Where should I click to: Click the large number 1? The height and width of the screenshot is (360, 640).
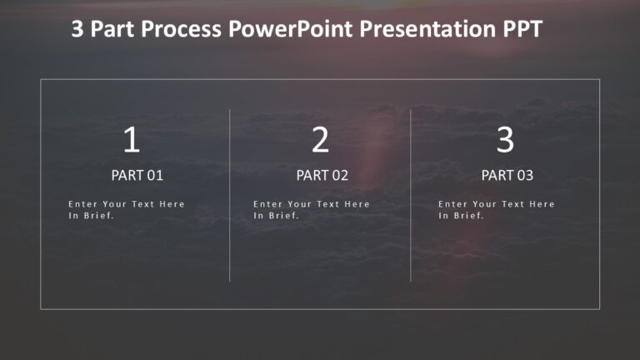click(x=132, y=140)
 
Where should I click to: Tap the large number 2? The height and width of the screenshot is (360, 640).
click(x=320, y=140)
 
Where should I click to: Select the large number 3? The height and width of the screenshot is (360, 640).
click(x=505, y=140)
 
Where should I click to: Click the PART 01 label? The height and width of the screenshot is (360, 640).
click(x=137, y=176)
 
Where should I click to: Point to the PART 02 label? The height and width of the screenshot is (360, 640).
click(x=322, y=176)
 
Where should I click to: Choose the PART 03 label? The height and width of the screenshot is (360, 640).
click(x=507, y=176)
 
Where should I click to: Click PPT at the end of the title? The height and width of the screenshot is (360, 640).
click(x=522, y=30)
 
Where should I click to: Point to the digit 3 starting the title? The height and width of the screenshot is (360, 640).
click(x=77, y=30)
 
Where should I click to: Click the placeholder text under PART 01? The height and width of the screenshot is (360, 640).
click(x=127, y=209)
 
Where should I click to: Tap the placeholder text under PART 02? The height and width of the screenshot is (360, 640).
click(x=312, y=209)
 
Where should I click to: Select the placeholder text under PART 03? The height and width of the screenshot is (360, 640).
click(x=497, y=209)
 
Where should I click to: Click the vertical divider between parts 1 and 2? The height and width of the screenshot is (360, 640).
click(x=230, y=195)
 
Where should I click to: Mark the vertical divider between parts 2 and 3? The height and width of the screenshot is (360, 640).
click(x=411, y=195)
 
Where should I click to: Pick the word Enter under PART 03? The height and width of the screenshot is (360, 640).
click(x=452, y=204)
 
